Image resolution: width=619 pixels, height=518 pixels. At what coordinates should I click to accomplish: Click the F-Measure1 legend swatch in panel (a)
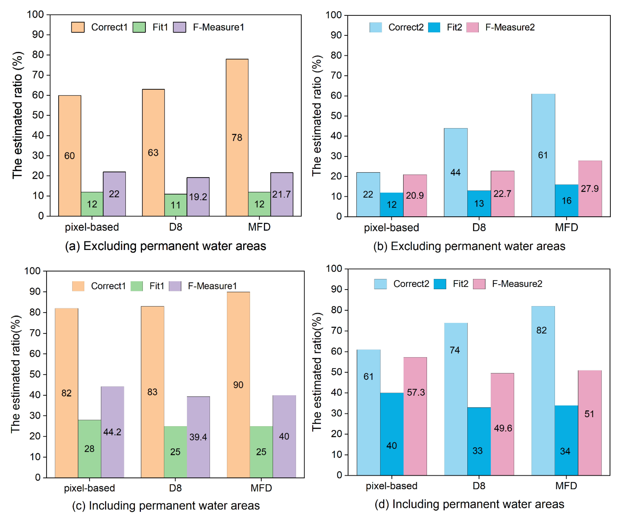coord(179,27)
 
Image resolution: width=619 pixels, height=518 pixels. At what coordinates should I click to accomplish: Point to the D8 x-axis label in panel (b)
coord(479,227)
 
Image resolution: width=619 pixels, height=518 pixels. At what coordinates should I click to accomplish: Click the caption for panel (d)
coord(469,504)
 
